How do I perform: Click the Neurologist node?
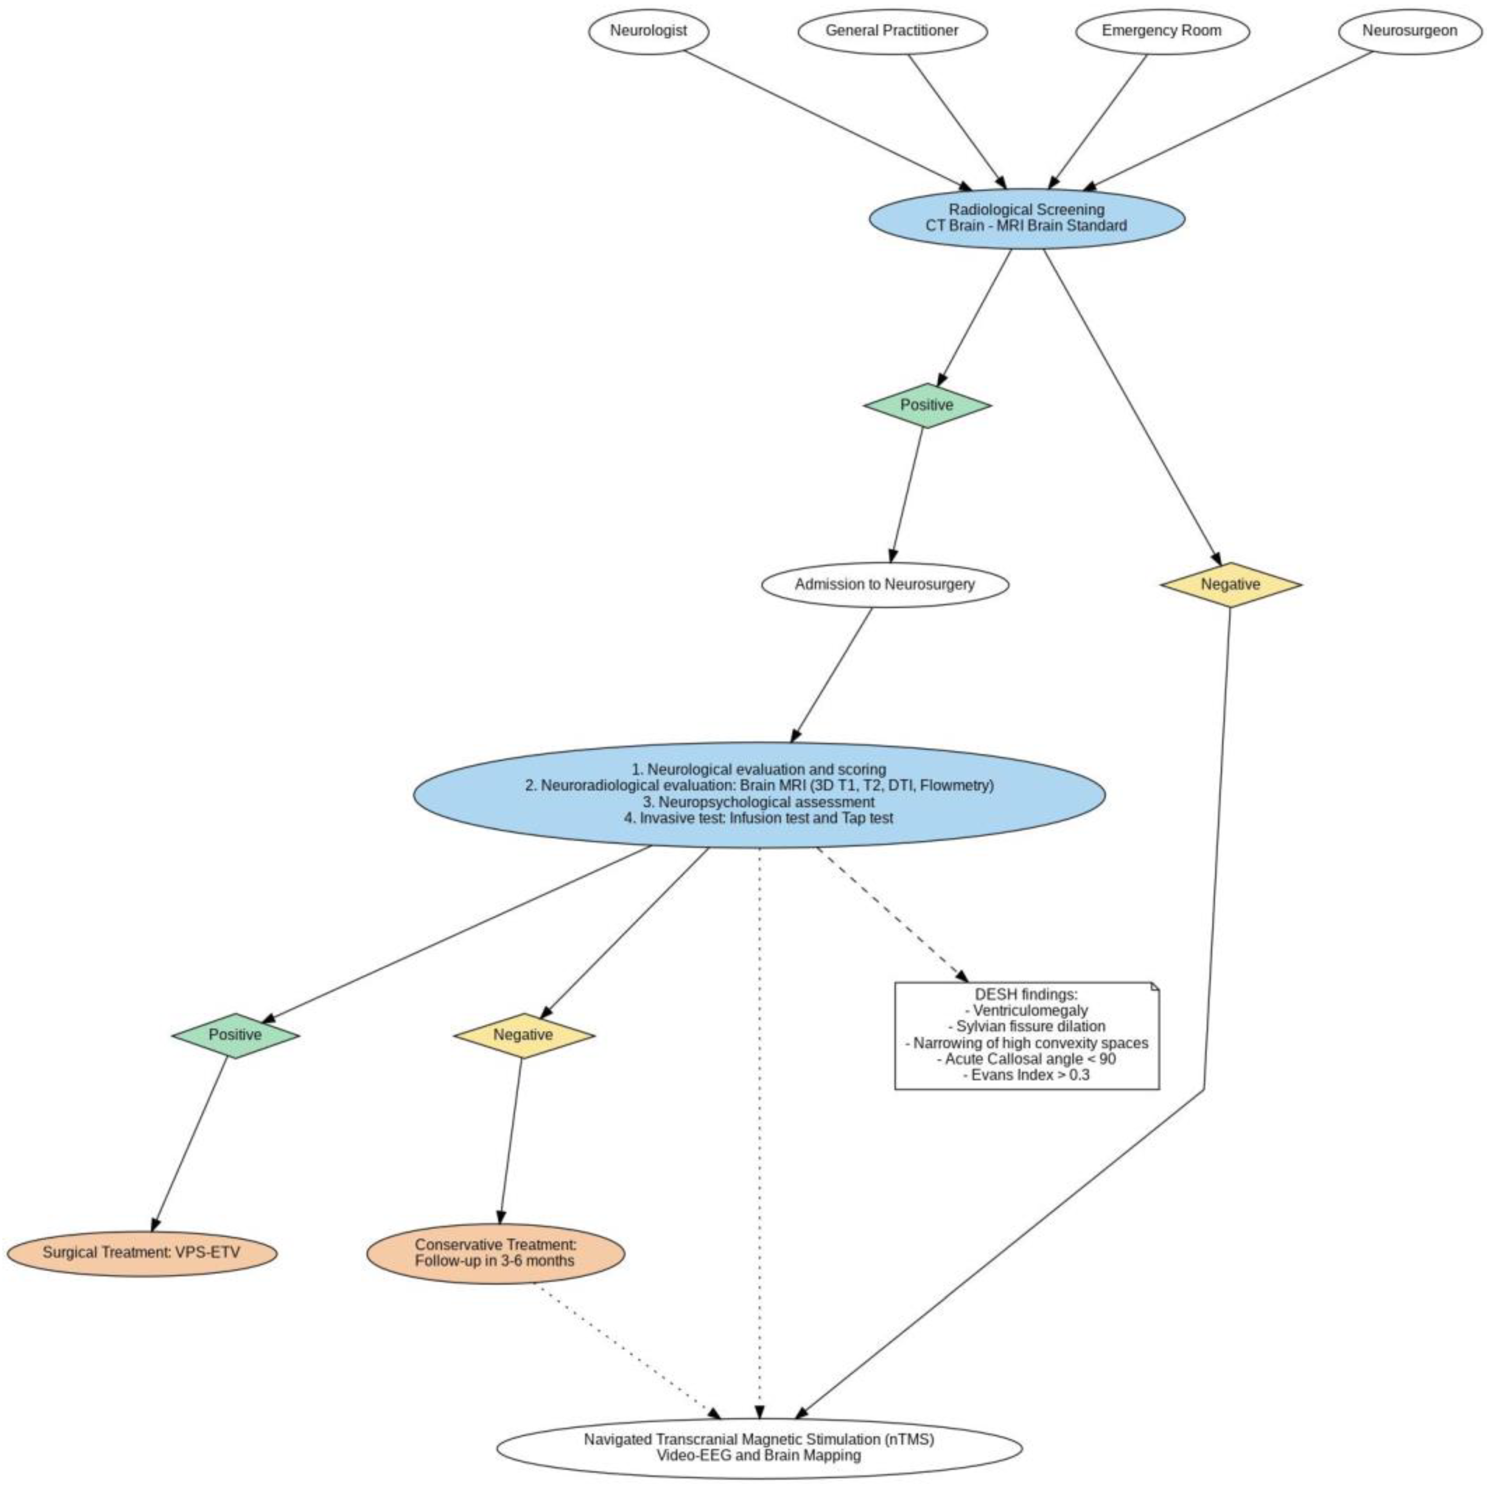point(648,31)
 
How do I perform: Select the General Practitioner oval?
point(892,31)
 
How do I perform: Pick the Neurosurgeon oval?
point(1409,31)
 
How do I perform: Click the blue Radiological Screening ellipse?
point(1026,218)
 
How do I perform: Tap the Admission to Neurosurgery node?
point(885,584)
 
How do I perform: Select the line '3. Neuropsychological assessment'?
point(759,802)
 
